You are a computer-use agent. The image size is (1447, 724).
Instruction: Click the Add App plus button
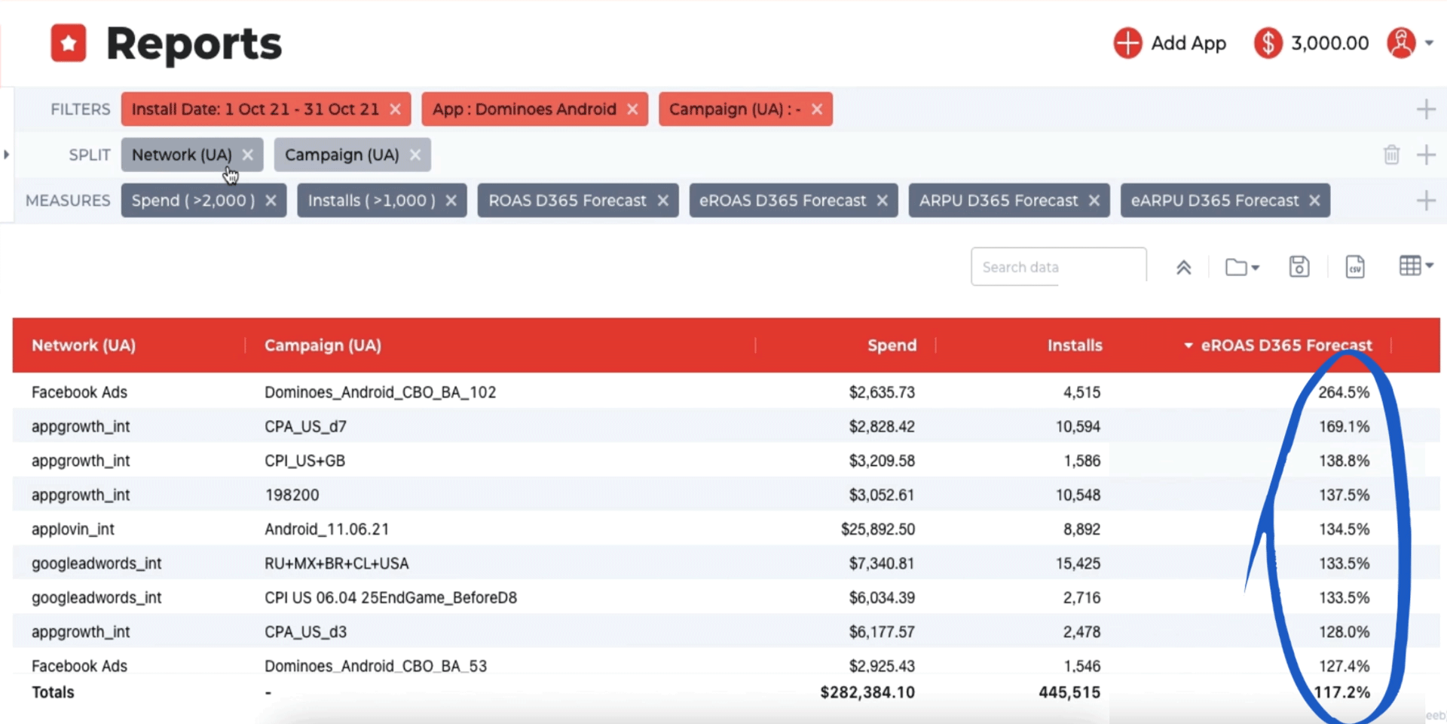(1127, 43)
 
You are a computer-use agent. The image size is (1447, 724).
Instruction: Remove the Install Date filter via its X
(395, 109)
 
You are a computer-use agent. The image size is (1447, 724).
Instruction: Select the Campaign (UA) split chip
(341, 155)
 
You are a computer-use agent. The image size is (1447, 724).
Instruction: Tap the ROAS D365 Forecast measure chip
(567, 201)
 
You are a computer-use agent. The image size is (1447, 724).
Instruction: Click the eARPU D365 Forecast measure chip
(1214, 201)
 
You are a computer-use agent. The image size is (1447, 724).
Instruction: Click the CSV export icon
(1354, 267)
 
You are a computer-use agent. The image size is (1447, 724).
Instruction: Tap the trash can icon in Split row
(1391, 155)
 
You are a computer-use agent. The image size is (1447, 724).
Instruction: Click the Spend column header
(892, 345)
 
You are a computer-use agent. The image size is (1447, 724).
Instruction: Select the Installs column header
(1074, 345)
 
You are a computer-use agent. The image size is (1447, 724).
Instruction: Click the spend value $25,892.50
(878, 529)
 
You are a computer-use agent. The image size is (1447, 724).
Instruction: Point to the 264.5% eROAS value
(1343, 392)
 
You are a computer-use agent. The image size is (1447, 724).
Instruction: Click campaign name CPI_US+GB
(304, 461)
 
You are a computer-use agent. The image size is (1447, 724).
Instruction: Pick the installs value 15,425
(1078, 563)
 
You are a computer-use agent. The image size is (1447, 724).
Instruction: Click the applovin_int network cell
(73, 529)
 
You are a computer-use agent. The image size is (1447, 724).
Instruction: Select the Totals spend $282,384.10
(867, 692)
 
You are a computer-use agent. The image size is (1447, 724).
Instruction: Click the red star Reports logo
(69, 43)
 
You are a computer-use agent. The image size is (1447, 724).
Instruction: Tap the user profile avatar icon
(1401, 43)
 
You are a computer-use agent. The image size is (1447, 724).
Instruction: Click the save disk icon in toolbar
(1299, 267)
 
